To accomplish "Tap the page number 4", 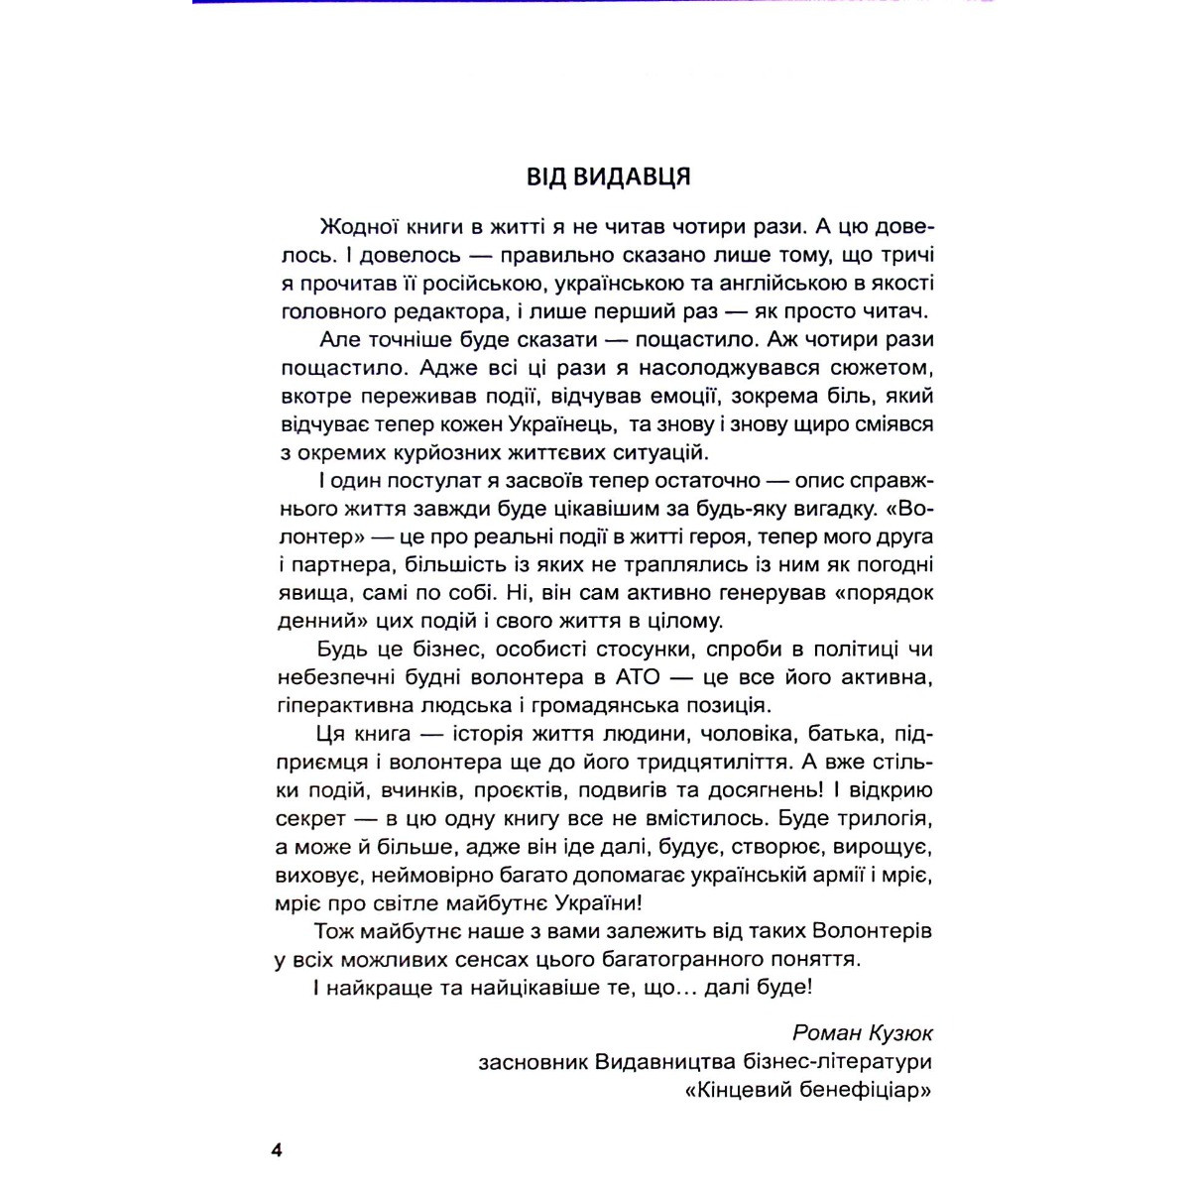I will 277,1150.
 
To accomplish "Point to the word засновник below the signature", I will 532,1061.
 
